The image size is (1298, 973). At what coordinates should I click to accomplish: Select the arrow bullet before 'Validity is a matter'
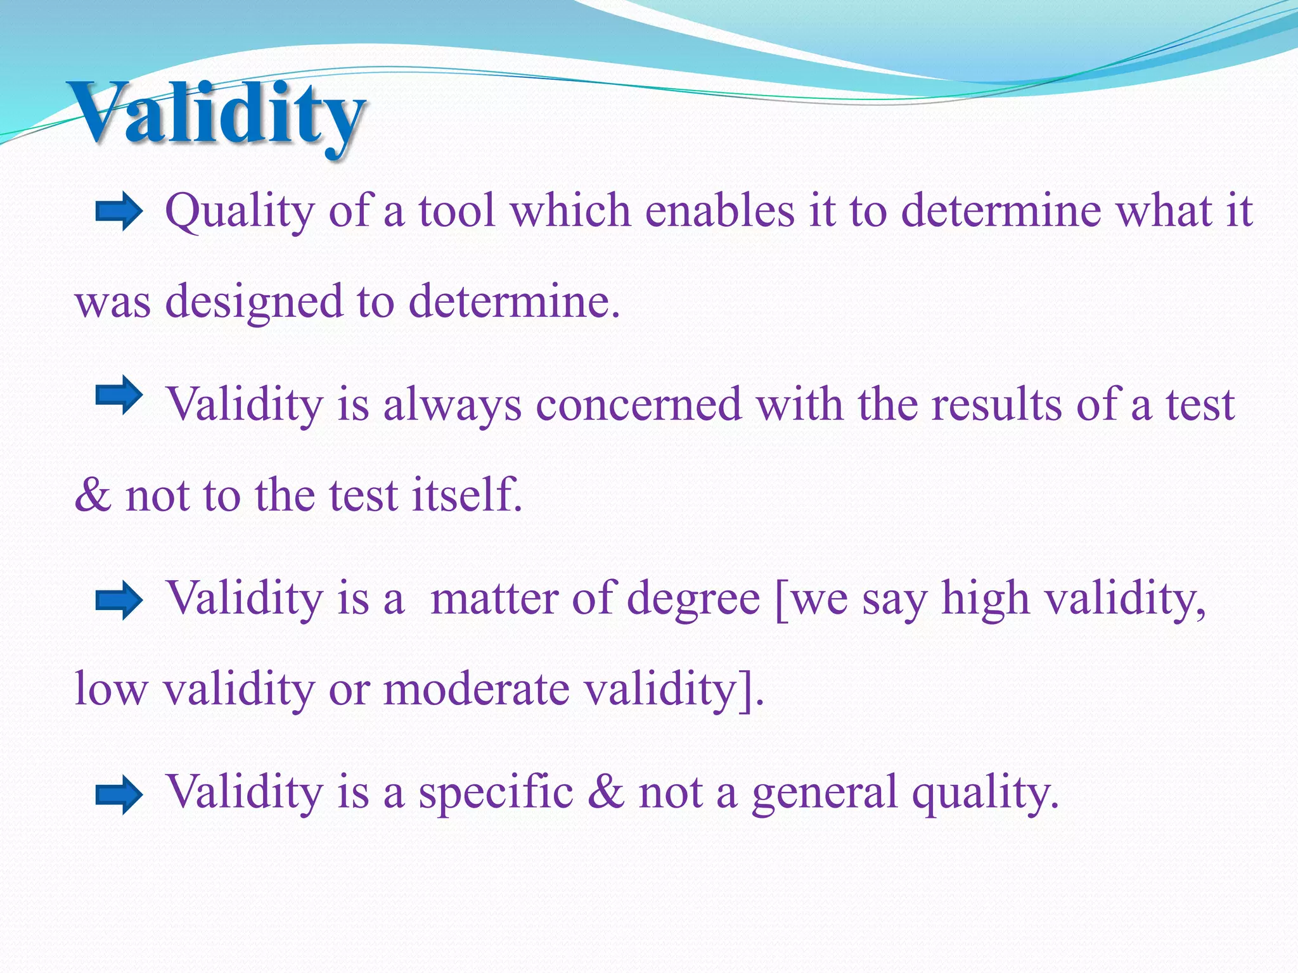(x=119, y=600)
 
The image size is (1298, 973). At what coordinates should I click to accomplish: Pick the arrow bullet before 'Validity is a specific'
(x=119, y=794)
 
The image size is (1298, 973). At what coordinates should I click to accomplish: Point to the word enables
(x=719, y=210)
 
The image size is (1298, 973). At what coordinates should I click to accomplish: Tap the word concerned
(x=638, y=404)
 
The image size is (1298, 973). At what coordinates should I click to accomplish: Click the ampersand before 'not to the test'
(x=93, y=495)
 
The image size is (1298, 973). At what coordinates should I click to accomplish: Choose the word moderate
(x=477, y=689)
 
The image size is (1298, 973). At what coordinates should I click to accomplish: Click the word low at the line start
(x=110, y=689)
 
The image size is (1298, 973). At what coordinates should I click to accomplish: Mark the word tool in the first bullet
(x=456, y=210)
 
